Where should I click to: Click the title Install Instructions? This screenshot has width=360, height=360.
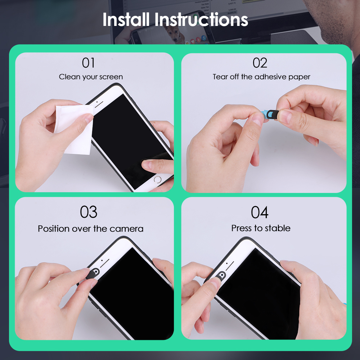[x=175, y=20]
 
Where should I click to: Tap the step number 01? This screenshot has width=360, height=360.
[x=88, y=63]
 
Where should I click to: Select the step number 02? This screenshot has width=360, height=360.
[x=260, y=63]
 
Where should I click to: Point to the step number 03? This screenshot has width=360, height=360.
[x=89, y=212]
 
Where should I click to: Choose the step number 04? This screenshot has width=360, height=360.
[x=260, y=212]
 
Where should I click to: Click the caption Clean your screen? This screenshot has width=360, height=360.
[x=91, y=77]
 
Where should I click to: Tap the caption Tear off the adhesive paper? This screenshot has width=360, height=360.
[x=261, y=77]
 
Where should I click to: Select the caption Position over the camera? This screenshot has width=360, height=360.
[x=91, y=229]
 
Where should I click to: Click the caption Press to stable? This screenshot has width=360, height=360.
[x=261, y=228]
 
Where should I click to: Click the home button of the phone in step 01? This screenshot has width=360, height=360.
[x=158, y=179]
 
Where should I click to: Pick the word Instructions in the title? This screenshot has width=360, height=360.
[x=201, y=20]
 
